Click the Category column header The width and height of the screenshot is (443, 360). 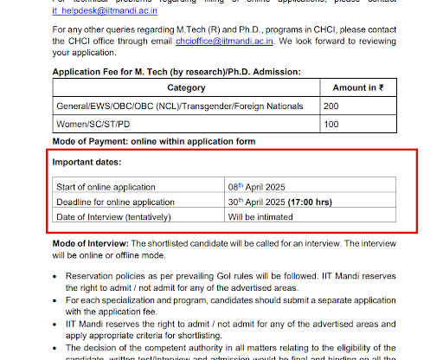click(186, 88)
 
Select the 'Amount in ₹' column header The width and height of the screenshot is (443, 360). click(357, 88)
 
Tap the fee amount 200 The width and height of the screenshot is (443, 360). click(331, 106)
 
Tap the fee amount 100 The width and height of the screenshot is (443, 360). click(331, 125)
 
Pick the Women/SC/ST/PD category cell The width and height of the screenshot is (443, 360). click(96, 125)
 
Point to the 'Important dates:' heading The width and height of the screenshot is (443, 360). click(87, 163)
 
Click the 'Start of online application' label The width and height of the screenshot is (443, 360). click(106, 187)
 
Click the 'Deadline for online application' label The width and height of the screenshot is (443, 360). click(115, 202)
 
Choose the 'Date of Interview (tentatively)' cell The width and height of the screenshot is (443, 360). click(113, 216)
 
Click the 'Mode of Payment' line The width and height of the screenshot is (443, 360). click(154, 141)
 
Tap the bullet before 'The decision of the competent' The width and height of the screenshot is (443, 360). click(57, 345)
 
